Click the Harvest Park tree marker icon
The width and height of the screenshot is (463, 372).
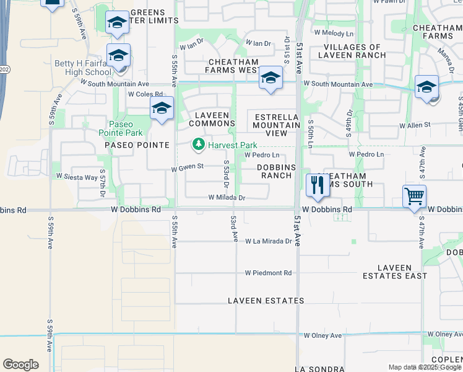199,145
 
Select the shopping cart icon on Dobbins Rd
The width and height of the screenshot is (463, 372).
414,197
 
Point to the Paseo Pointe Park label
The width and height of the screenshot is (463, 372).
121,128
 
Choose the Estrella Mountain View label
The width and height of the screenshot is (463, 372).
276,125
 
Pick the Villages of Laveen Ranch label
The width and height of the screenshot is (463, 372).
352,51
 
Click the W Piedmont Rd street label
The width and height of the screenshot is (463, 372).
267,273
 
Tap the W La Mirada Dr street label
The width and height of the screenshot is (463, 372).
268,241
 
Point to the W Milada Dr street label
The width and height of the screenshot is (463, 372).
227,198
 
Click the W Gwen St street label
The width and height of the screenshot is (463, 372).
188,167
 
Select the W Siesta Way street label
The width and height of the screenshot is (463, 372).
77,177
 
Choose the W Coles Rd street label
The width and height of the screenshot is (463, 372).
144,94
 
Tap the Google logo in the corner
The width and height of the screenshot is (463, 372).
20,365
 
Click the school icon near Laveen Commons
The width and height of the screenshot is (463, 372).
161,108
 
